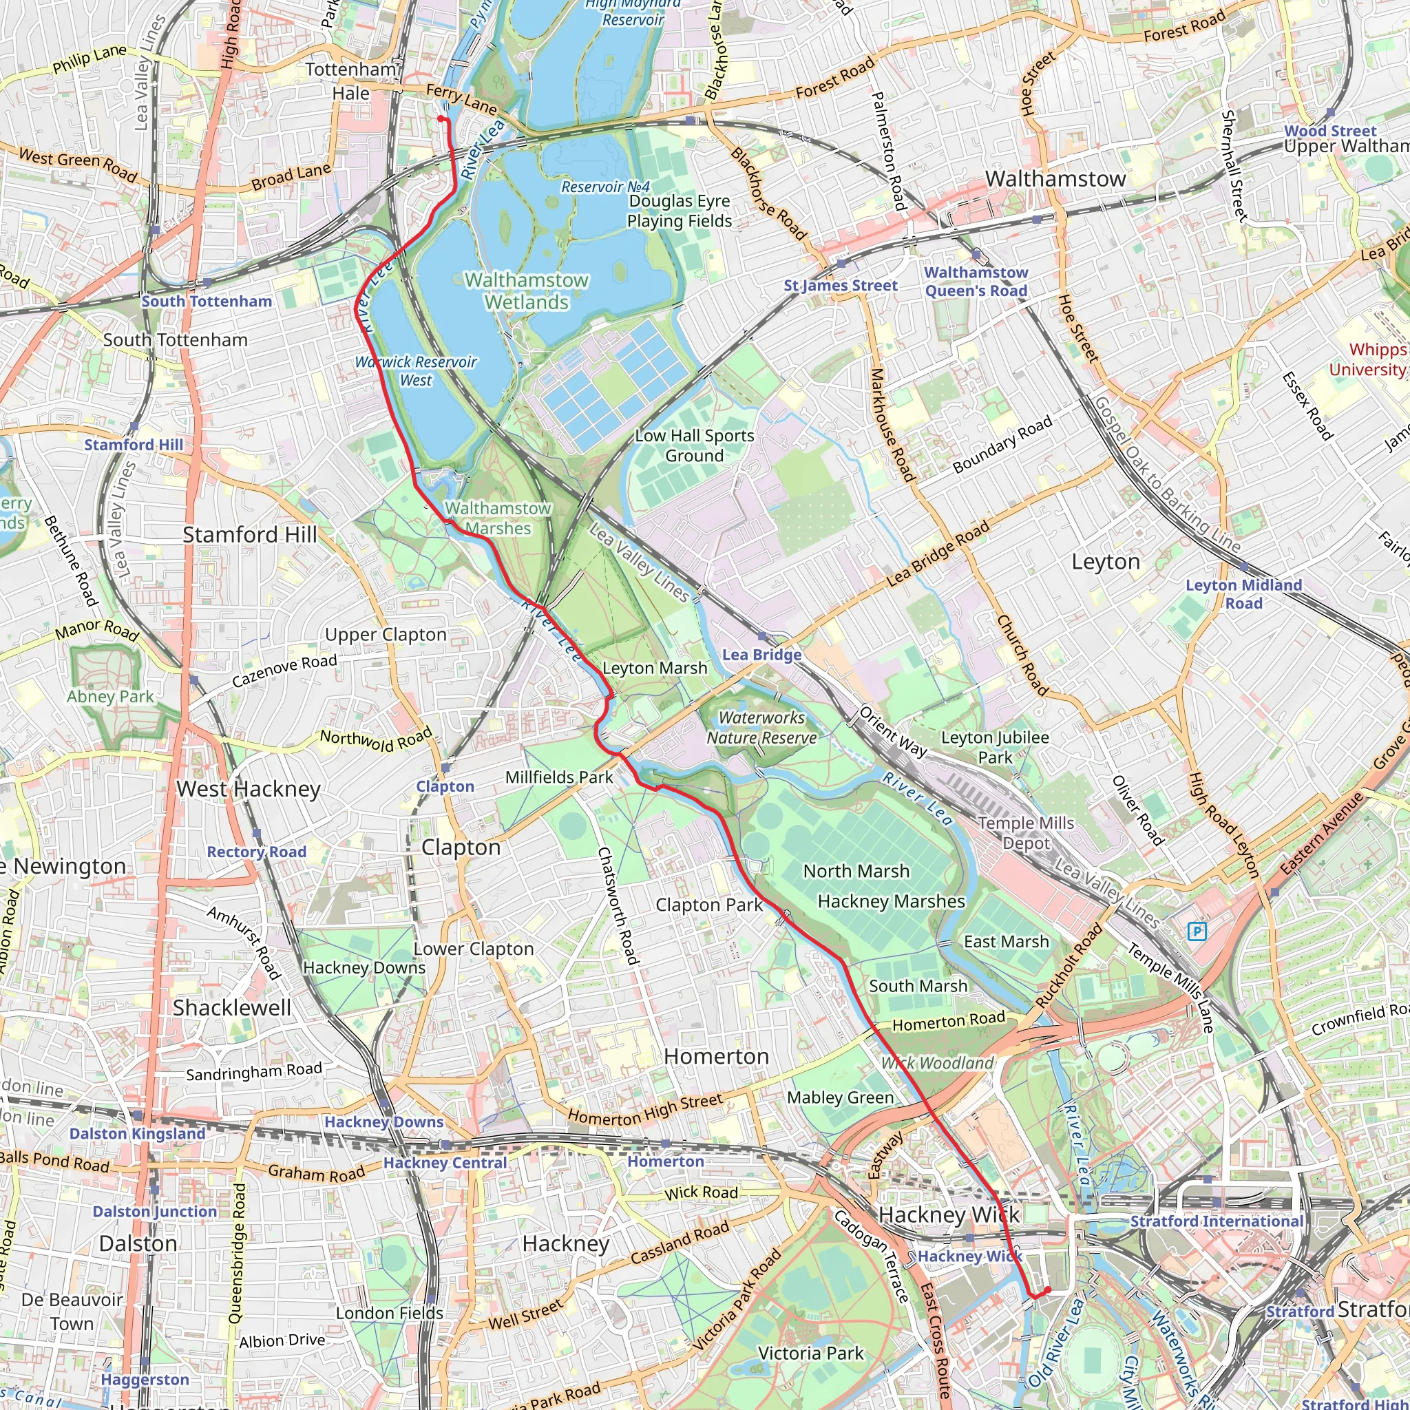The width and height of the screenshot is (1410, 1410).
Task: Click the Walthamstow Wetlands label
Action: pyautogui.click(x=526, y=291)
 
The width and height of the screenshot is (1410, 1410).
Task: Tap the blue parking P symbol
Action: pyautogui.click(x=1197, y=932)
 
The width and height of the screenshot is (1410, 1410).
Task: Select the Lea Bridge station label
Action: pyautogui.click(x=761, y=655)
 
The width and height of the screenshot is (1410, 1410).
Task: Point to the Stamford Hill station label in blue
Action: pyautogui.click(x=134, y=445)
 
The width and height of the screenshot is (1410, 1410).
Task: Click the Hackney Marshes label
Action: pyautogui.click(x=891, y=901)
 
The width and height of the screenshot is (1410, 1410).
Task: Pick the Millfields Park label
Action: pyautogui.click(x=559, y=777)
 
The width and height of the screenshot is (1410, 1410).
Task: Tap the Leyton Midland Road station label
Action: pyautogui.click(x=1243, y=594)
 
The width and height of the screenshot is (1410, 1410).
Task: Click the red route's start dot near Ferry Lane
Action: pyautogui.click(x=441, y=118)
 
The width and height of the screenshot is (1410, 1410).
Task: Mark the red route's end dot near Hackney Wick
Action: pyautogui.click(x=1048, y=1290)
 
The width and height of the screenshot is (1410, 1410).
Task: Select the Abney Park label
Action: pyautogui.click(x=110, y=696)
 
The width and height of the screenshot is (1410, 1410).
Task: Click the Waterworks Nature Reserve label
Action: pyautogui.click(x=761, y=728)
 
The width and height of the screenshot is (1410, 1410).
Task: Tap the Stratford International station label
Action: pyautogui.click(x=1217, y=1221)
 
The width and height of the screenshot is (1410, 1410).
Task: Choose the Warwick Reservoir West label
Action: pyautogui.click(x=416, y=371)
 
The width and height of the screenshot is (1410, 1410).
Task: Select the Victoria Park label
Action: pyautogui.click(x=810, y=1353)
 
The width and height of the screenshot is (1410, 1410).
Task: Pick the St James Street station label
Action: pyautogui.click(x=840, y=285)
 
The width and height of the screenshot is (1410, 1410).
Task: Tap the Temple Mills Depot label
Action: pyautogui.click(x=1025, y=833)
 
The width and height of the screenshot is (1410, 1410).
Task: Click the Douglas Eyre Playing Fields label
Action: pyautogui.click(x=679, y=211)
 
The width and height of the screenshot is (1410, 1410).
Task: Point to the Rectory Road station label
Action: pyautogui.click(x=256, y=852)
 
